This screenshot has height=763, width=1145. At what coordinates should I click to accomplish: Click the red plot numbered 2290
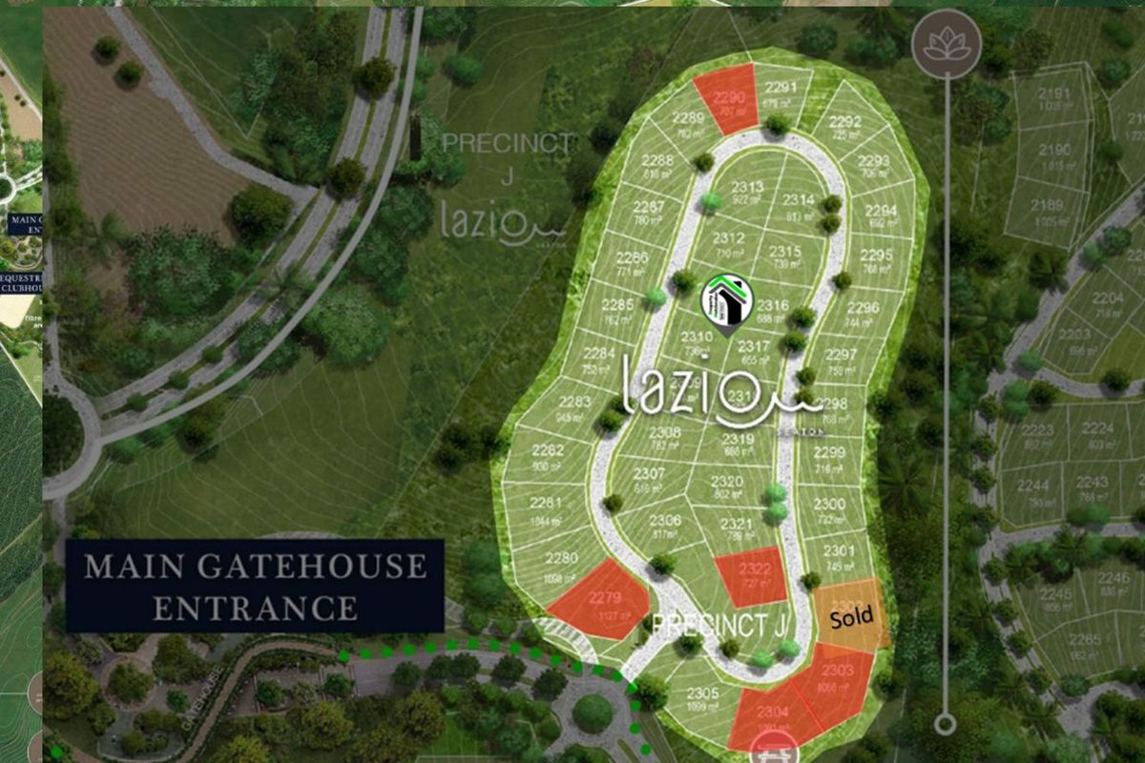(x=727, y=99)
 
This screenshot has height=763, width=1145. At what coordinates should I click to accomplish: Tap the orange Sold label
(x=851, y=615)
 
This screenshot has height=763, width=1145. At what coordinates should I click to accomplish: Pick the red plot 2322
(x=752, y=576)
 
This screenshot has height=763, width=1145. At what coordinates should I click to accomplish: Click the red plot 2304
(x=771, y=716)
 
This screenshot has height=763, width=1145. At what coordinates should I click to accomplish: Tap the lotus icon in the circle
(x=947, y=44)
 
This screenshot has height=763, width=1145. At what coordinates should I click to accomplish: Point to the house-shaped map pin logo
(x=727, y=302)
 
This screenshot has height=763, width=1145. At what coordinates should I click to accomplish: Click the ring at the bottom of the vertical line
(x=945, y=723)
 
